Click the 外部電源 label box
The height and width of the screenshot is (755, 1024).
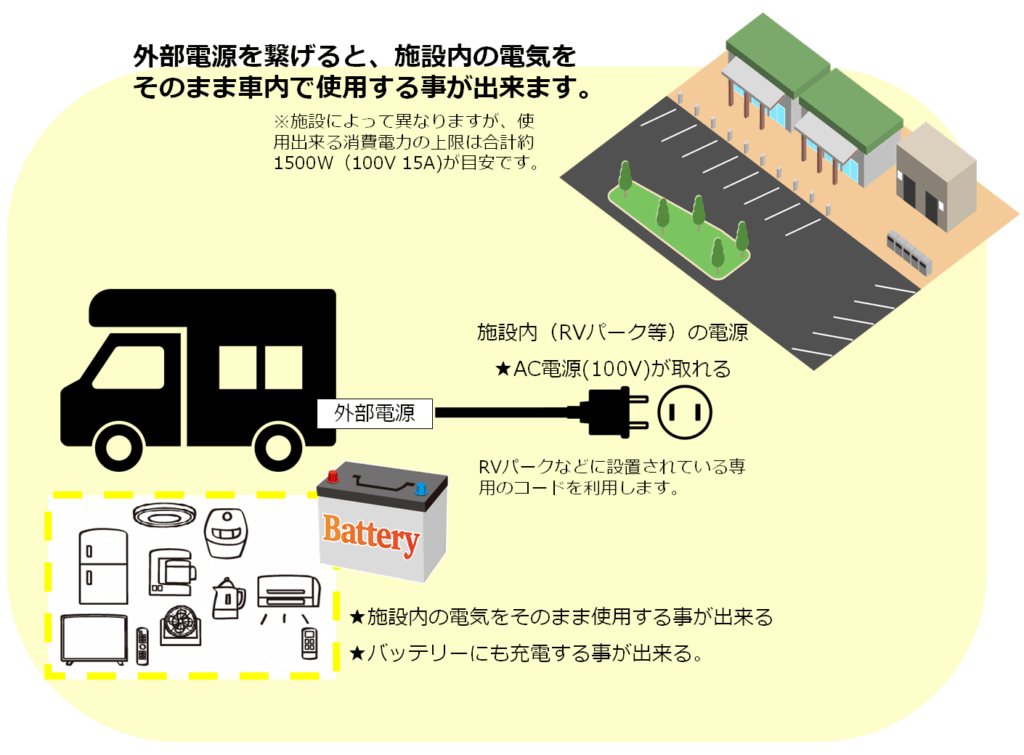(374, 412)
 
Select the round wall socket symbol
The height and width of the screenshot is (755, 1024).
(684, 411)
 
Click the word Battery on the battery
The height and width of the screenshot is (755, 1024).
(371, 536)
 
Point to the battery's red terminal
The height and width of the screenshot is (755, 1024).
(332, 478)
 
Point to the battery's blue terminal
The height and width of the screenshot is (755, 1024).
(420, 488)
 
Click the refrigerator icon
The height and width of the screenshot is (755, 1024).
(103, 566)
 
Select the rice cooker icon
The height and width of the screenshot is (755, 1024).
(225, 536)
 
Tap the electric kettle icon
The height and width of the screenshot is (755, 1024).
(227, 599)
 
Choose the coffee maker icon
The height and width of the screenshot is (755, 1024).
(169, 573)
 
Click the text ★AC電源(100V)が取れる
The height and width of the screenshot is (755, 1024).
(613, 369)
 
